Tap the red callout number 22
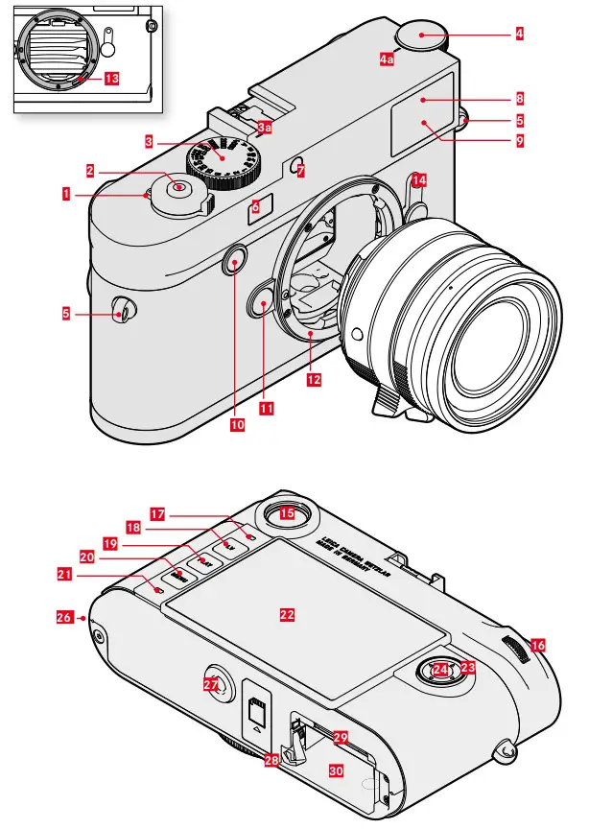(x=286, y=615)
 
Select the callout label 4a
(x=387, y=59)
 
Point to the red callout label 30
(x=337, y=769)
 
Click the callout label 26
(x=63, y=619)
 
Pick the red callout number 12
(x=314, y=379)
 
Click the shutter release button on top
(x=179, y=187)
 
